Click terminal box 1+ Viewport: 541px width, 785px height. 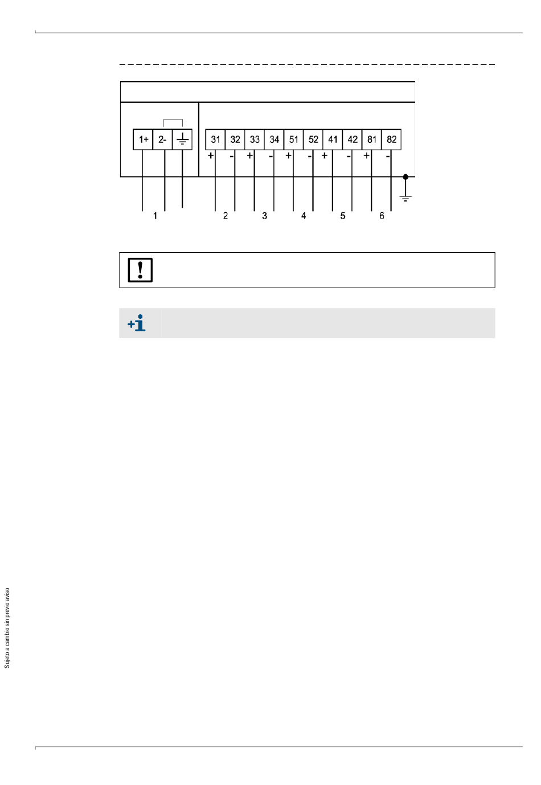tap(143, 139)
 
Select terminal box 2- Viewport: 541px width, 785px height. tap(162, 139)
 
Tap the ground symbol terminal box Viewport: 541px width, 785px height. tap(182, 139)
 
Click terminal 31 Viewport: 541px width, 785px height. tap(215, 139)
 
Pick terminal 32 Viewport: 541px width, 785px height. tap(235, 139)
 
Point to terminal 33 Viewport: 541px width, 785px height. tap(255, 139)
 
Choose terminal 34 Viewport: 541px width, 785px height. tap(274, 139)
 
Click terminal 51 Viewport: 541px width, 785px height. tap(294, 139)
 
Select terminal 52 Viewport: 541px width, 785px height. tap(313, 139)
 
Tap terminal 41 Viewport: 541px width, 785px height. tap(333, 139)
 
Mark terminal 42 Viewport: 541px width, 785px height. tap(353, 139)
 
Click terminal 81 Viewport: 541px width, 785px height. tap(372, 139)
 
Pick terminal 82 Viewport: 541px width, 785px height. tap(392, 139)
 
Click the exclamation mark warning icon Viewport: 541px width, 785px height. tap(140, 270)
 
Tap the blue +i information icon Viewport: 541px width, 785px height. tap(137, 323)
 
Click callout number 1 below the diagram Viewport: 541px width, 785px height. tap(155, 216)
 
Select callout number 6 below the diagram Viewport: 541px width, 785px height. tap(382, 216)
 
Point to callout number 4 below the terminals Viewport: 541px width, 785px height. tap(304, 216)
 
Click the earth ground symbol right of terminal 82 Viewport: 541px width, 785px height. tap(405, 197)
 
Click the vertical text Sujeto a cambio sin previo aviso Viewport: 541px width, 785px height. tap(7, 628)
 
